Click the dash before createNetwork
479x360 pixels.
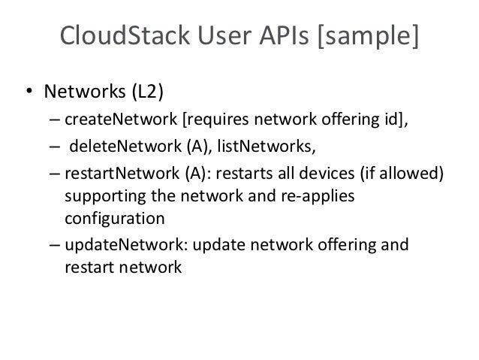pos(56,119)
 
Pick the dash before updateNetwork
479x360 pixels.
pos(56,245)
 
